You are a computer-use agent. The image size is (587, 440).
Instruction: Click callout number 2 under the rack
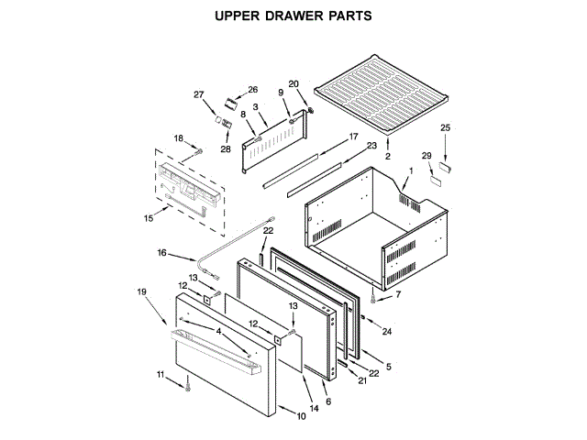pos(387,158)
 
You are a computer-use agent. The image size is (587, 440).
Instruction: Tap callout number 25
pos(446,127)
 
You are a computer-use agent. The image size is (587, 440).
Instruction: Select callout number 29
pos(426,156)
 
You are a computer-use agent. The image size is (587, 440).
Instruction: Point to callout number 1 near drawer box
pos(412,170)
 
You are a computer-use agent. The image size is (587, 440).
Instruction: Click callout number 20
pos(293,84)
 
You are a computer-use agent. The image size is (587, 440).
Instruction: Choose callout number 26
pos(253,89)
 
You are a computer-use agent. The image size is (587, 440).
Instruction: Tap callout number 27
pos(197,94)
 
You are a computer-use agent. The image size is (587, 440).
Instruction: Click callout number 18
pos(180,138)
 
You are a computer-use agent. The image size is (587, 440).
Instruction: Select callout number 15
pos(150,218)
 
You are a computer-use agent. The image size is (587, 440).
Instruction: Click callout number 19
pos(142,292)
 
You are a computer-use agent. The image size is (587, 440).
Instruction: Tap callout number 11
pos(161,375)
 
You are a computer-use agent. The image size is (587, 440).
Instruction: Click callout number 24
pos(387,331)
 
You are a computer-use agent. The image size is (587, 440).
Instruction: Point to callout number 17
pos(352,137)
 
